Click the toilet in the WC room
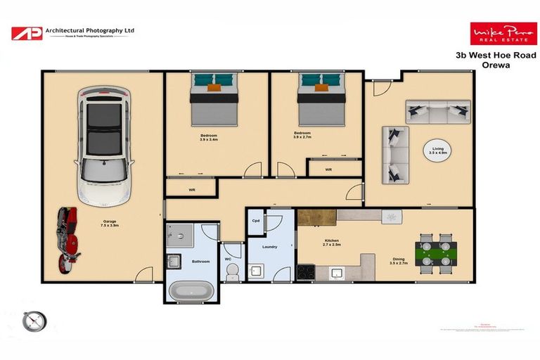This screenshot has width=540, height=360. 232,271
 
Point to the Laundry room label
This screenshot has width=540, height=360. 269,247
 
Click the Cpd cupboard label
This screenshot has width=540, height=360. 256,221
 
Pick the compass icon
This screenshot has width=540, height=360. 34,321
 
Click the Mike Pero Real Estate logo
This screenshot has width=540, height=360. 503,34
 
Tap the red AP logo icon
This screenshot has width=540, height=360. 26,32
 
